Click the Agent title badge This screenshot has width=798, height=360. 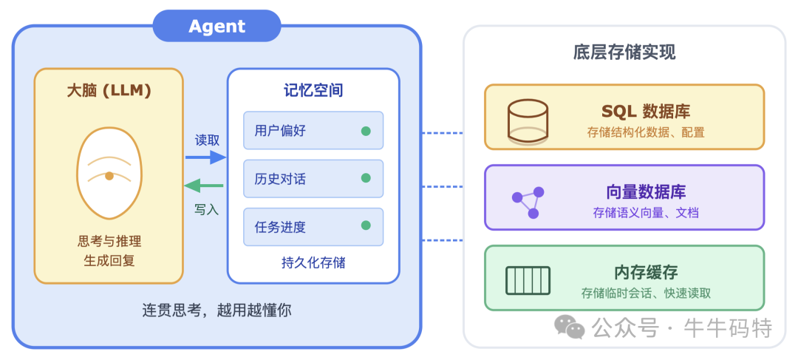tap(216, 26)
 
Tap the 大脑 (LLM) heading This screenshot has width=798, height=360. tap(109, 91)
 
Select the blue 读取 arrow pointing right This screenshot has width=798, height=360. tap(205, 157)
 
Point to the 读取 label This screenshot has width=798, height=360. tap(207, 140)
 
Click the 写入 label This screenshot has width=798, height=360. tap(207, 209)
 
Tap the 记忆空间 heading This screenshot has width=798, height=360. tap(313, 91)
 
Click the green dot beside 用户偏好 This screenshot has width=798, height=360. tap(366, 131)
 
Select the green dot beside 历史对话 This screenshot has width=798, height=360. tap(366, 178)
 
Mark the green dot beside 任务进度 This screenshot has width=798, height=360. tap(366, 226)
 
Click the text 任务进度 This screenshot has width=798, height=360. tap(280, 227)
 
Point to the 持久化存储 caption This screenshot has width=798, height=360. tap(313, 262)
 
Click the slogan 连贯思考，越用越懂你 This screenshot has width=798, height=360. tap(216, 310)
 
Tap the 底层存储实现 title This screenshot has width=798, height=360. tap(624, 52)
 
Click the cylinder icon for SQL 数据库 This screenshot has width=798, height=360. tap(528, 120)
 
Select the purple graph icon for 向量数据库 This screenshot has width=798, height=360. tap(528, 201)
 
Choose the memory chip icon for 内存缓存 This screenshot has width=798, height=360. tap(528, 280)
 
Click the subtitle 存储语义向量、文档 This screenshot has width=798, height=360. tap(646, 213)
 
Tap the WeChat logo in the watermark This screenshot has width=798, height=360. tap(570, 326)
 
